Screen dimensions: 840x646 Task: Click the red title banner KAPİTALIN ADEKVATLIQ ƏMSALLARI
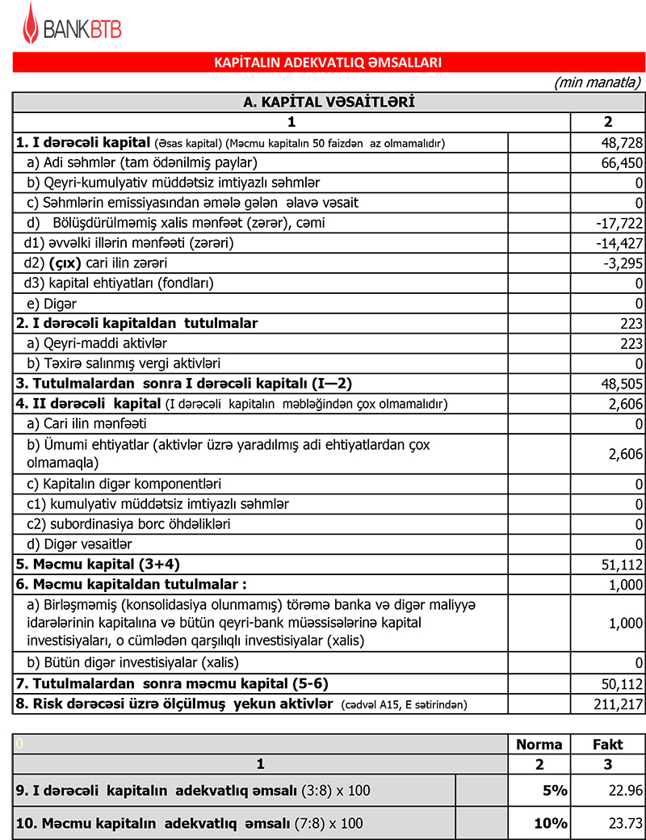pyautogui.click(x=327, y=62)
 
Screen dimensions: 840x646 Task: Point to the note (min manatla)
pyautogui.click(x=598, y=82)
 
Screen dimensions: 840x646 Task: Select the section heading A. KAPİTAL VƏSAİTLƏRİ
pyautogui.click(x=329, y=102)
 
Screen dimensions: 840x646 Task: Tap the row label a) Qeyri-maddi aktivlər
pyautogui.click(x=100, y=344)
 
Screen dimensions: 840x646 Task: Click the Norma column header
pyautogui.click(x=539, y=745)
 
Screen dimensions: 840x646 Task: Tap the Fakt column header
pyautogui.click(x=608, y=745)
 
